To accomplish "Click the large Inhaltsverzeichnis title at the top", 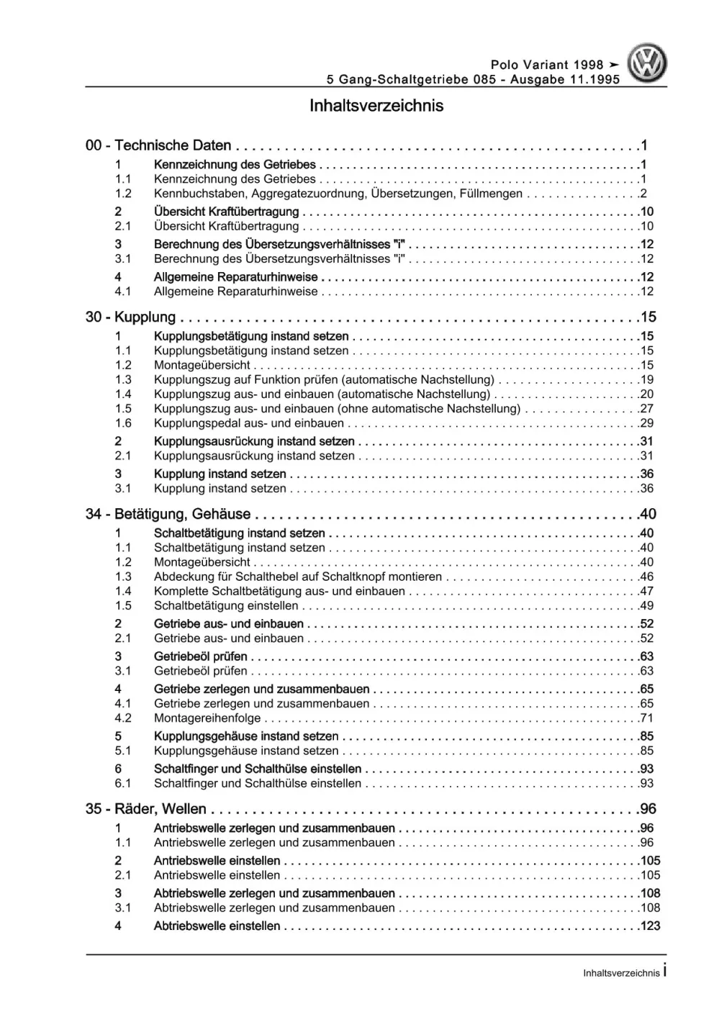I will pos(376,106).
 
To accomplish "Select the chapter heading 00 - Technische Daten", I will pos(158,145).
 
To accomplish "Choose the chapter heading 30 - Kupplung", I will pos(130,317).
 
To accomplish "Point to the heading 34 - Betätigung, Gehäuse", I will pos(168,514).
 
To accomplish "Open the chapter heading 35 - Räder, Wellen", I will pos(146,809).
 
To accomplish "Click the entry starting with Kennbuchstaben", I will pos(338,194).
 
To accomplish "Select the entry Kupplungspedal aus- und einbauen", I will pos(249,423).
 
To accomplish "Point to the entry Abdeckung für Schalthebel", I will pos(298,577).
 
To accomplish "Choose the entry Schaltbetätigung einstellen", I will pos(226,606).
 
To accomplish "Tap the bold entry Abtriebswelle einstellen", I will pos(217,926).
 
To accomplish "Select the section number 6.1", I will pos(123,783).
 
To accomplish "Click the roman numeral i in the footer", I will pos(664,971).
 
